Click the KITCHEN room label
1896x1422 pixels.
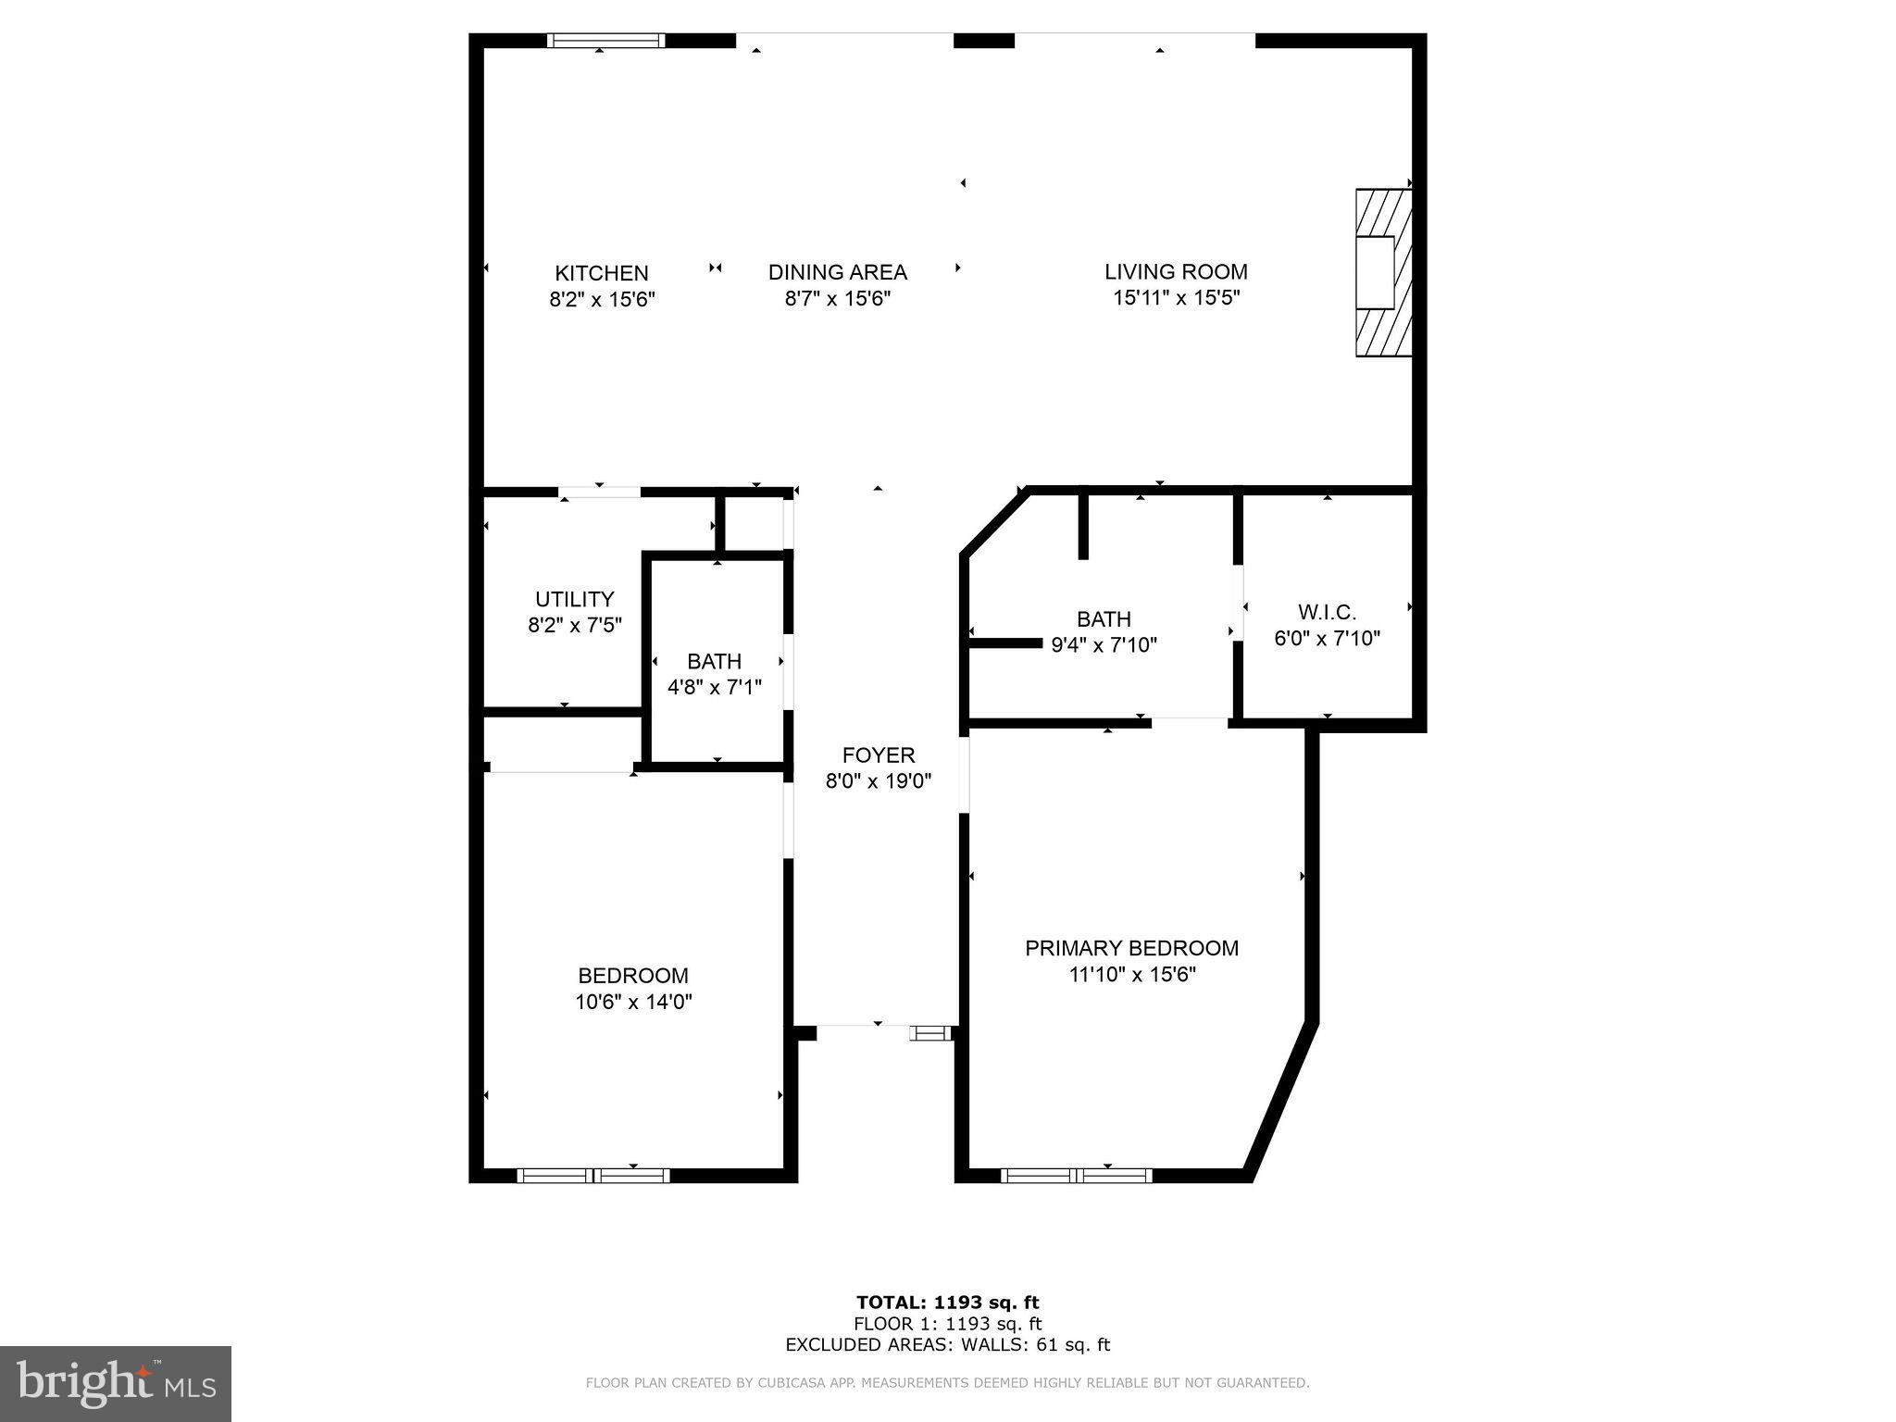pos(601,273)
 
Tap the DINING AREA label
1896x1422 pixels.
pos(837,272)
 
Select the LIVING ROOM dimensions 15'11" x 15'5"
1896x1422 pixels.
pos(1176,298)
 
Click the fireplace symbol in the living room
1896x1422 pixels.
pos(1382,272)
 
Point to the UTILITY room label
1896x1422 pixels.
pos(574,599)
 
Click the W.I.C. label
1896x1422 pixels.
pos(1327,612)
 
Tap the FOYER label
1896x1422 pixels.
pos(878,755)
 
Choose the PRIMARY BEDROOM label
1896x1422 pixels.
pos(1131,948)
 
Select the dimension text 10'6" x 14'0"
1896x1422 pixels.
pos(633,1002)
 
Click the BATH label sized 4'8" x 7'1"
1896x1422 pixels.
pos(714,661)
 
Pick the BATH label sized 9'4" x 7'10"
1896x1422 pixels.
pos(1104,618)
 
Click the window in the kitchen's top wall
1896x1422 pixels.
pos(605,40)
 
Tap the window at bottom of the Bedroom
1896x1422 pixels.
pos(592,1176)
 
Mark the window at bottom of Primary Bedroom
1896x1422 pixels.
pos(1076,1176)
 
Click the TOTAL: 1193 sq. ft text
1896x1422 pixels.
pos(947,1303)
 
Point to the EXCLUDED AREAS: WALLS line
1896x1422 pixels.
pos(947,1345)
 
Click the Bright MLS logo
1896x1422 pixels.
pos(116,1384)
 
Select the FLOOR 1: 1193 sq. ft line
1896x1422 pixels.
pos(947,1324)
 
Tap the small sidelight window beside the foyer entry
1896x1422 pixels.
pos(929,1033)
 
